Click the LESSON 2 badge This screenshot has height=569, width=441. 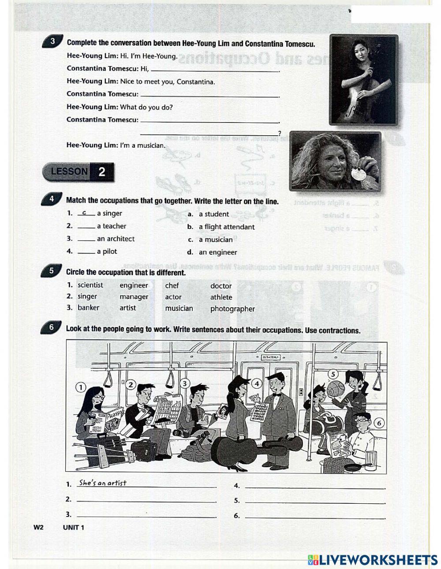pyautogui.click(x=78, y=172)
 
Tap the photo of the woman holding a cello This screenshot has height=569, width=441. pyautogui.click(x=363, y=80)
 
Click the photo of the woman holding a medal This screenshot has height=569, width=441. pyautogui.click(x=335, y=160)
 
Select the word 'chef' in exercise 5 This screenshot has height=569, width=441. pyautogui.click(x=172, y=286)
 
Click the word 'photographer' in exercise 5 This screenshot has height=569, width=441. pyautogui.click(x=232, y=309)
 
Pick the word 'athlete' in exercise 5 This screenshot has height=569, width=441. pyautogui.click(x=221, y=298)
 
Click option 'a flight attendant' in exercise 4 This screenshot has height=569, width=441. pyautogui.click(x=226, y=227)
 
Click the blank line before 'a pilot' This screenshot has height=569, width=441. pyautogui.click(x=86, y=253)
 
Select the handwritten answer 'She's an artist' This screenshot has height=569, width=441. pyautogui.click(x=103, y=483)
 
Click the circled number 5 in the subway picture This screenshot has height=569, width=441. pyautogui.click(x=334, y=374)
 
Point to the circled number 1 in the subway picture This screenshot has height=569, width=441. pyautogui.click(x=80, y=387)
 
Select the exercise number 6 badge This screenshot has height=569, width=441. pyautogui.click(x=52, y=327)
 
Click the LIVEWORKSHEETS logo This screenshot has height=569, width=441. pyautogui.click(x=373, y=559)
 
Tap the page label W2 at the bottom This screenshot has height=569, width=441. pyautogui.click(x=38, y=528)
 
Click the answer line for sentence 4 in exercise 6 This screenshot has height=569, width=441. pyautogui.click(x=314, y=487)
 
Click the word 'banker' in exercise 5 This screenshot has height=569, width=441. pyautogui.click(x=88, y=308)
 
